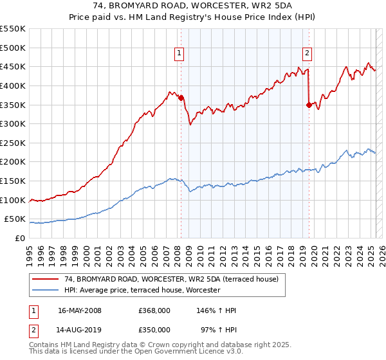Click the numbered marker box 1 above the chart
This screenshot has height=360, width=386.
tap(179, 53)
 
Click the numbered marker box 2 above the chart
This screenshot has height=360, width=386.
tap(308, 53)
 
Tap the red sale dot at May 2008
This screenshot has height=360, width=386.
tap(181, 98)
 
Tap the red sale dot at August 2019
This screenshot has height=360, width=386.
tap(309, 105)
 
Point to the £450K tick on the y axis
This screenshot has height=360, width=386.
tap(13, 66)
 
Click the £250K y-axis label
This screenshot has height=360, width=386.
tap(13, 143)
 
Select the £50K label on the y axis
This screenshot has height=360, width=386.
tap(15, 219)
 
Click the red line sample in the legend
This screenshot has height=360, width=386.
tap(45, 279)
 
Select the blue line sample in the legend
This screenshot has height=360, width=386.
tap(45, 290)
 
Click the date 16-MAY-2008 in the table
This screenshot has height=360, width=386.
tap(80, 310)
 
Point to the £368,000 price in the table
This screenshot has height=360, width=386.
tap(154, 310)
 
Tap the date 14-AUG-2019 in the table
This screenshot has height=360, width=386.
tap(80, 330)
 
